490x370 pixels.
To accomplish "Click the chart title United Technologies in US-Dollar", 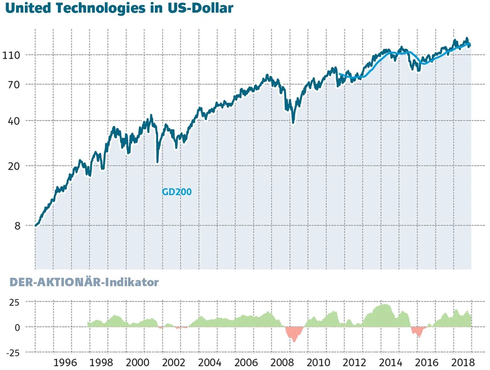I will (118, 8).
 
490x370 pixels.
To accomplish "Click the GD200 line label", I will (176, 192).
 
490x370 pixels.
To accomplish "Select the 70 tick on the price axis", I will (14, 84).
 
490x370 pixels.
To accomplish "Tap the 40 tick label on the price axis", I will (14, 121).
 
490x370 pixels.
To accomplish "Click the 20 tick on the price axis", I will (14, 166).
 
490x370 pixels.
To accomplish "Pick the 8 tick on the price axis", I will (17, 226).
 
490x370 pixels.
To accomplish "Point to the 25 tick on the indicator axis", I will (14, 302).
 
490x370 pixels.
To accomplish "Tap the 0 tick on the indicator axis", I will (17, 327).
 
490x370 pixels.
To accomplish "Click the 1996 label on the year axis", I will (64, 363).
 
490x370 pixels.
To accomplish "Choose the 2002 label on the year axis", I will (173, 363).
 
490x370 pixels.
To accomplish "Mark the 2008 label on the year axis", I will (282, 363).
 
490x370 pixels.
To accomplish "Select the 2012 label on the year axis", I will (354, 363).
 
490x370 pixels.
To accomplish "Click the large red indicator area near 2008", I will (294, 334).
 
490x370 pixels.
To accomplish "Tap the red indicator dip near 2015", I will (418, 331).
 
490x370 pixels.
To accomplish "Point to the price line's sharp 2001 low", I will (157, 161).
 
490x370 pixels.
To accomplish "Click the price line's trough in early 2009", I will (294, 122).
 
